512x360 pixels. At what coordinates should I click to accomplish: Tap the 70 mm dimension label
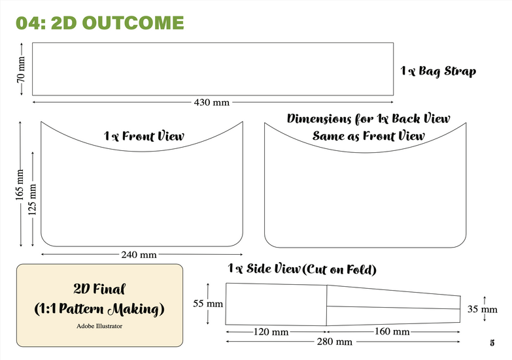[x=21, y=69]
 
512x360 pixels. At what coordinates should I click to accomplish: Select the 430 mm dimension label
[x=211, y=102]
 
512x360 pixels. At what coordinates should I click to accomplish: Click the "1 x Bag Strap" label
[x=438, y=71]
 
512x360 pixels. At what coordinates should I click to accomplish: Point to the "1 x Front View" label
[x=144, y=137]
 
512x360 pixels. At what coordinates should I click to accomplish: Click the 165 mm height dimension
[x=20, y=184]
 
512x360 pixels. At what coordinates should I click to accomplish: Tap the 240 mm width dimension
[x=139, y=254]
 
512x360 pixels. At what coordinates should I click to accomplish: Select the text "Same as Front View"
[x=368, y=136]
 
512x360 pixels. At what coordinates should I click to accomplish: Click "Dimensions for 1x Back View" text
[x=368, y=119]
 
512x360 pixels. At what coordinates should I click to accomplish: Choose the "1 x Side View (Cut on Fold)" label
[x=302, y=269]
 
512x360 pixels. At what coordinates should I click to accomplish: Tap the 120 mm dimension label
[x=271, y=332]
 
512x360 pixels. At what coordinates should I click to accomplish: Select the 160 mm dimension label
[x=392, y=332]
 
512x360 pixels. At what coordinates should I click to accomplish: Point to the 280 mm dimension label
[x=334, y=342]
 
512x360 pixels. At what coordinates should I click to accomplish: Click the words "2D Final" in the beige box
[x=99, y=288]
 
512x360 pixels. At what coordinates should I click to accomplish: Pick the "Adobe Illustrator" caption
[x=99, y=324]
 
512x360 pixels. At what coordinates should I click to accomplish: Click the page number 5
[x=491, y=342]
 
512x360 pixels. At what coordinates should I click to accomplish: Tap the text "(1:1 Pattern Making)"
[x=99, y=307]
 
